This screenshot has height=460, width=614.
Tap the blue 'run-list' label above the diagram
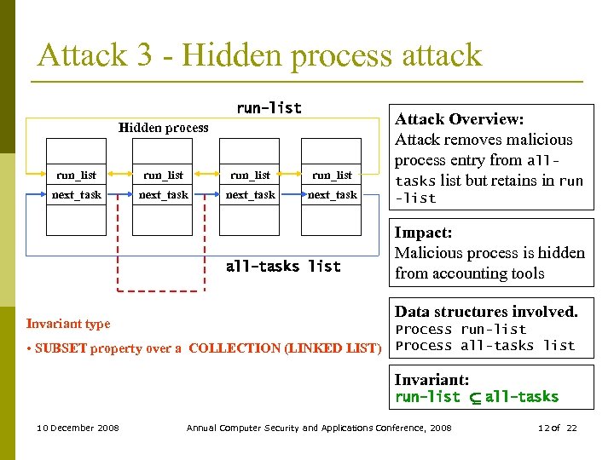point(269,108)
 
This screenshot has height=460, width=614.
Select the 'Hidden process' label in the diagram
point(163,128)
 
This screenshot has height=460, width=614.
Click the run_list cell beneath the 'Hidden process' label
point(163,175)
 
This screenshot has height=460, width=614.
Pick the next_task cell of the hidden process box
point(163,195)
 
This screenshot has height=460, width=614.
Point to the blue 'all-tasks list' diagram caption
point(282,267)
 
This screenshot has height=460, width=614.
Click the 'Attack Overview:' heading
point(458,119)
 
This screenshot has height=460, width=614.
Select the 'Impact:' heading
point(423,233)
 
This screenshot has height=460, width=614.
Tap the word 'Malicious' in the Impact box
point(429,253)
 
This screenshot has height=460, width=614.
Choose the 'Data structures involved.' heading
point(486,312)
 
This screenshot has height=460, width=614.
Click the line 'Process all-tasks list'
point(485,346)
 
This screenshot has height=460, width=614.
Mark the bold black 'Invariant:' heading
point(432,380)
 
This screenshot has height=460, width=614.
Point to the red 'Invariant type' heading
point(68,324)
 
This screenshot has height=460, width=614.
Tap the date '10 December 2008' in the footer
point(78,428)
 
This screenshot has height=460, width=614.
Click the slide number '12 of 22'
point(558,428)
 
